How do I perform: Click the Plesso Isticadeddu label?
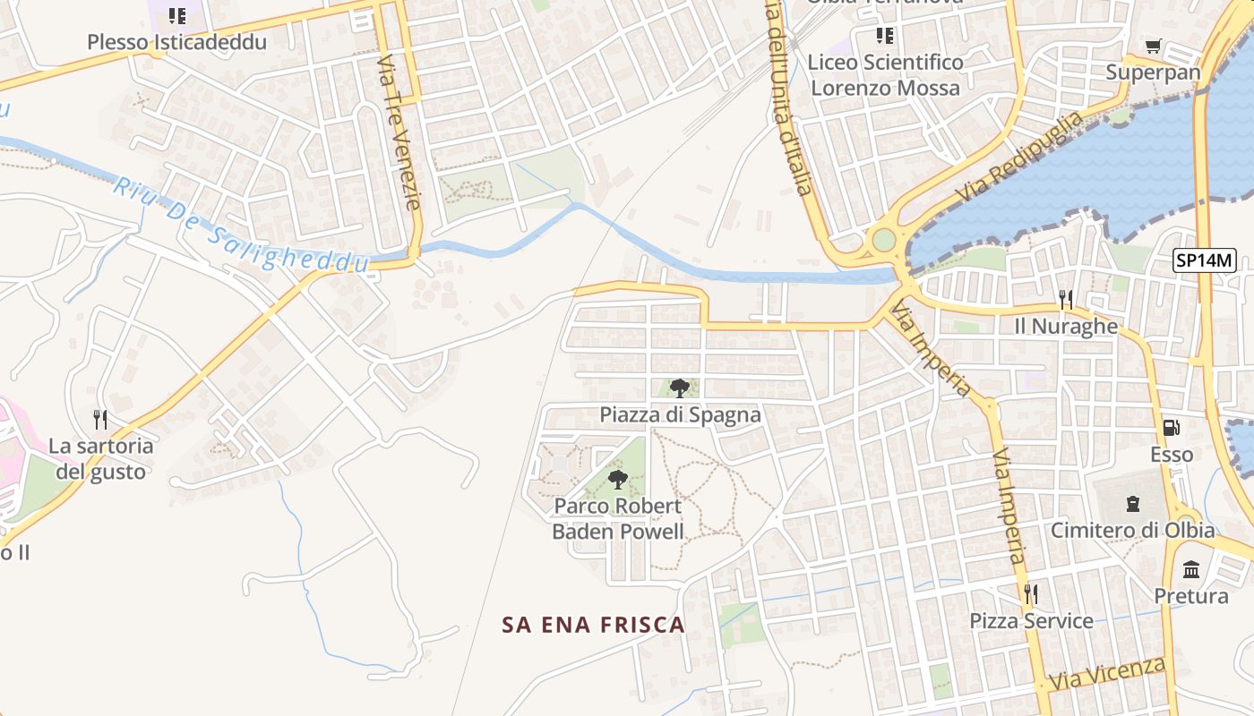[176, 42]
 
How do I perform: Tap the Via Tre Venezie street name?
[399, 132]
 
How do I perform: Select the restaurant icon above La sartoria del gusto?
[100, 419]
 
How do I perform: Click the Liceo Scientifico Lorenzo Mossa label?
[885, 75]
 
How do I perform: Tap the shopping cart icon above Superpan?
[1154, 46]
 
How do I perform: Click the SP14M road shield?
[1205, 261]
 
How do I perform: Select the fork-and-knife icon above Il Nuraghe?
[1065, 299]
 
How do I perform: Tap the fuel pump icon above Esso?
[1171, 428]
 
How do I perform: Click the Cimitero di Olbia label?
[1132, 530]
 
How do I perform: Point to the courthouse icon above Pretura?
[1191, 569]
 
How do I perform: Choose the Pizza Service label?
[1031, 620]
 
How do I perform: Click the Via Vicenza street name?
[1108, 673]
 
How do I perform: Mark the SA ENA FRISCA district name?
[593, 625]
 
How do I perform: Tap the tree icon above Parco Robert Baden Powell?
[618, 479]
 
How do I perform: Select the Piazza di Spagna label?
[680, 414]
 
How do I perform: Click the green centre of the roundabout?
[884, 240]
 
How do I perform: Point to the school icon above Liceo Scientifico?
[885, 36]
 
